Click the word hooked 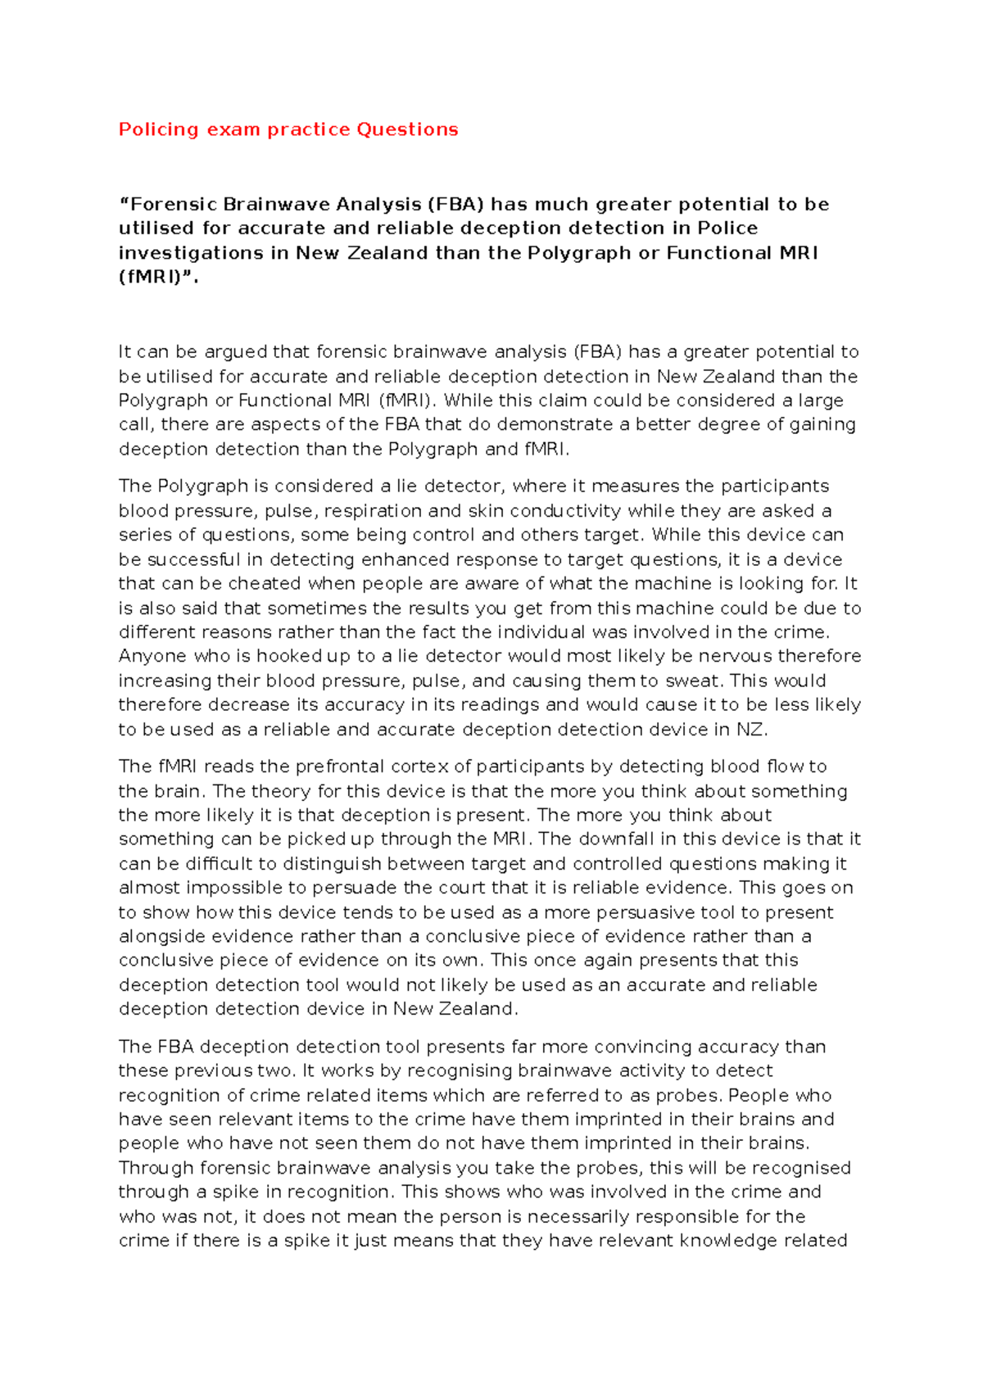coord(289,656)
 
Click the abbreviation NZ coord(750,730)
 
